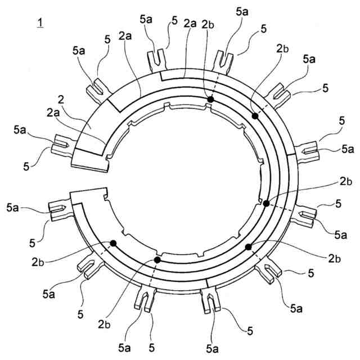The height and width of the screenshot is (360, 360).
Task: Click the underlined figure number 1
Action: (x=39, y=23)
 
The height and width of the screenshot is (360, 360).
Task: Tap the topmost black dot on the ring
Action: (x=210, y=100)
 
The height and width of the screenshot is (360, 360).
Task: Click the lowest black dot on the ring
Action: (x=157, y=260)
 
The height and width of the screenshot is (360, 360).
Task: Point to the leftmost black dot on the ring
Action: (x=113, y=243)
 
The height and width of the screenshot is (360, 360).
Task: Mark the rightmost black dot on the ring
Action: (x=266, y=203)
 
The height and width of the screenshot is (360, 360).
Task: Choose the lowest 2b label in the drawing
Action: (x=104, y=325)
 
